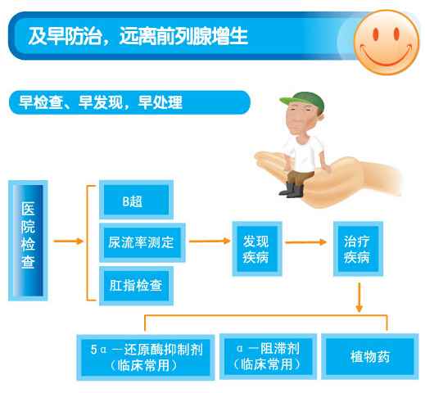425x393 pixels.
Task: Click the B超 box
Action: (x=136, y=200)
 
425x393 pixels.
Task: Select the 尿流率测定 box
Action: (x=142, y=242)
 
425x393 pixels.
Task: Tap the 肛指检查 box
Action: (x=136, y=286)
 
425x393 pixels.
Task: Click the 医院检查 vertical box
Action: (x=28, y=241)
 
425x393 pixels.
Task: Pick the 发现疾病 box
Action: (x=257, y=249)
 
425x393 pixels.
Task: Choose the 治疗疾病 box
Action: (x=358, y=249)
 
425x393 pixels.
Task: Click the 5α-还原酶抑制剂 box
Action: (x=146, y=357)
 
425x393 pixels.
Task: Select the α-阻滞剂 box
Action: (x=268, y=356)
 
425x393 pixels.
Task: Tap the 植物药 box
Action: (x=370, y=356)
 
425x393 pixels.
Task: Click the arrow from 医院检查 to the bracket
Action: (x=69, y=242)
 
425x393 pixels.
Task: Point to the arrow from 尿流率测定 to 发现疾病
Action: (x=210, y=241)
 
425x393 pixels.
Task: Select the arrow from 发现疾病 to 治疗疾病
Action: (x=305, y=242)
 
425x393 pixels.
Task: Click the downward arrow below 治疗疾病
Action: (x=359, y=297)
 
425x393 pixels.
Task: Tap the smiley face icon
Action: (x=386, y=43)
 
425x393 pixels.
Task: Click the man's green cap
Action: (x=304, y=101)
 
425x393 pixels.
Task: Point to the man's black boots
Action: (x=292, y=190)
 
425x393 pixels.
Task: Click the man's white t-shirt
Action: (x=304, y=153)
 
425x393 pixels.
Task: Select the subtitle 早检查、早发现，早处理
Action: (x=101, y=102)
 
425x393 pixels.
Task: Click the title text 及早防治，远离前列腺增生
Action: (x=138, y=36)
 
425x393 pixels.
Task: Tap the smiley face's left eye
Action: (x=376, y=34)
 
